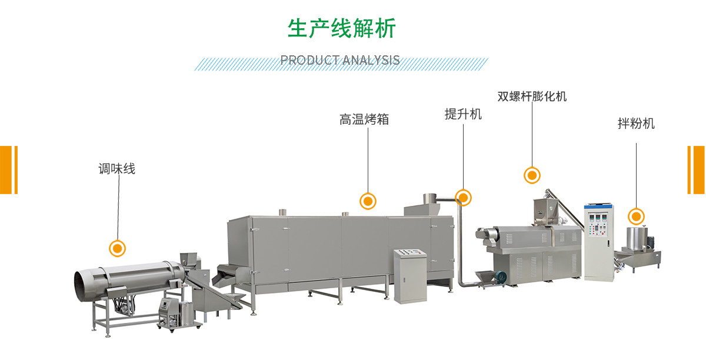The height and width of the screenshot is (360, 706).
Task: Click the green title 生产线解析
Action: (x=341, y=28)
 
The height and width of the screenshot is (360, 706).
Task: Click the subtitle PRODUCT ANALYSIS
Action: (x=340, y=60)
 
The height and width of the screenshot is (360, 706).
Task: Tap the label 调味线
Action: (x=116, y=169)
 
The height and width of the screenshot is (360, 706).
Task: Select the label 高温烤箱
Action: (x=364, y=119)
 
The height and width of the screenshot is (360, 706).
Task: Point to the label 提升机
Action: (x=463, y=114)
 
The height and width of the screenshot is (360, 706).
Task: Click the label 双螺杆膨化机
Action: (x=532, y=96)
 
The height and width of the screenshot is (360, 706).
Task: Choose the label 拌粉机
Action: (x=636, y=124)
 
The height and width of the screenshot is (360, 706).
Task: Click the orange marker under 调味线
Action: (x=118, y=248)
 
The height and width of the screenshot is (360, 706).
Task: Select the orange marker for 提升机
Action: (x=464, y=198)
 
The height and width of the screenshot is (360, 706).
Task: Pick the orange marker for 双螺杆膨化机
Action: (x=532, y=175)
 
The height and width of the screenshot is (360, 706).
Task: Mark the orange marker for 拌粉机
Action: (x=635, y=215)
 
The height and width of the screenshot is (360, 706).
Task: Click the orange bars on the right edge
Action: (x=697, y=169)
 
